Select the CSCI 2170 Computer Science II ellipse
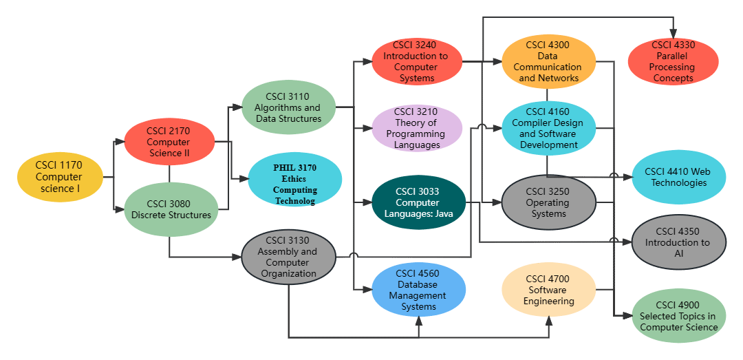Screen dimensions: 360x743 click(x=169, y=142)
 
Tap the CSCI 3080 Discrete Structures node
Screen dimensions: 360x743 click(x=171, y=209)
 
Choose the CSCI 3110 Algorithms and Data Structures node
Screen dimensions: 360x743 click(x=288, y=107)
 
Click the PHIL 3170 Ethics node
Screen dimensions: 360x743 click(x=294, y=180)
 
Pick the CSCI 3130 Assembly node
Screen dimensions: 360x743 click(x=288, y=257)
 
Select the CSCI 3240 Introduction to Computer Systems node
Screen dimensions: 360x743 click(x=416, y=61)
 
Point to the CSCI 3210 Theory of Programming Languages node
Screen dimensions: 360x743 click(x=418, y=128)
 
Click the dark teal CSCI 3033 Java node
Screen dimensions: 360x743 click(x=418, y=202)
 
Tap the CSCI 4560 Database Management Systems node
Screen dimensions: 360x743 click(x=418, y=290)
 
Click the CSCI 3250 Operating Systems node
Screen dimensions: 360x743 click(x=548, y=202)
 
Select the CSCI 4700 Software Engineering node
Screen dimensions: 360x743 click(x=548, y=290)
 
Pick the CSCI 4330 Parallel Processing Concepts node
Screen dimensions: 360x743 click(x=673, y=62)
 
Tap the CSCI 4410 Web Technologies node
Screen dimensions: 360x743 click(x=678, y=177)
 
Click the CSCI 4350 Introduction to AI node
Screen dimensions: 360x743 click(x=678, y=242)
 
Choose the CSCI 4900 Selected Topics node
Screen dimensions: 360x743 click(x=678, y=315)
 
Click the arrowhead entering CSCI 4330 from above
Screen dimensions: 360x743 click(x=673, y=34)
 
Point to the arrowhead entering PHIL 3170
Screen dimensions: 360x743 click(x=243, y=179)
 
